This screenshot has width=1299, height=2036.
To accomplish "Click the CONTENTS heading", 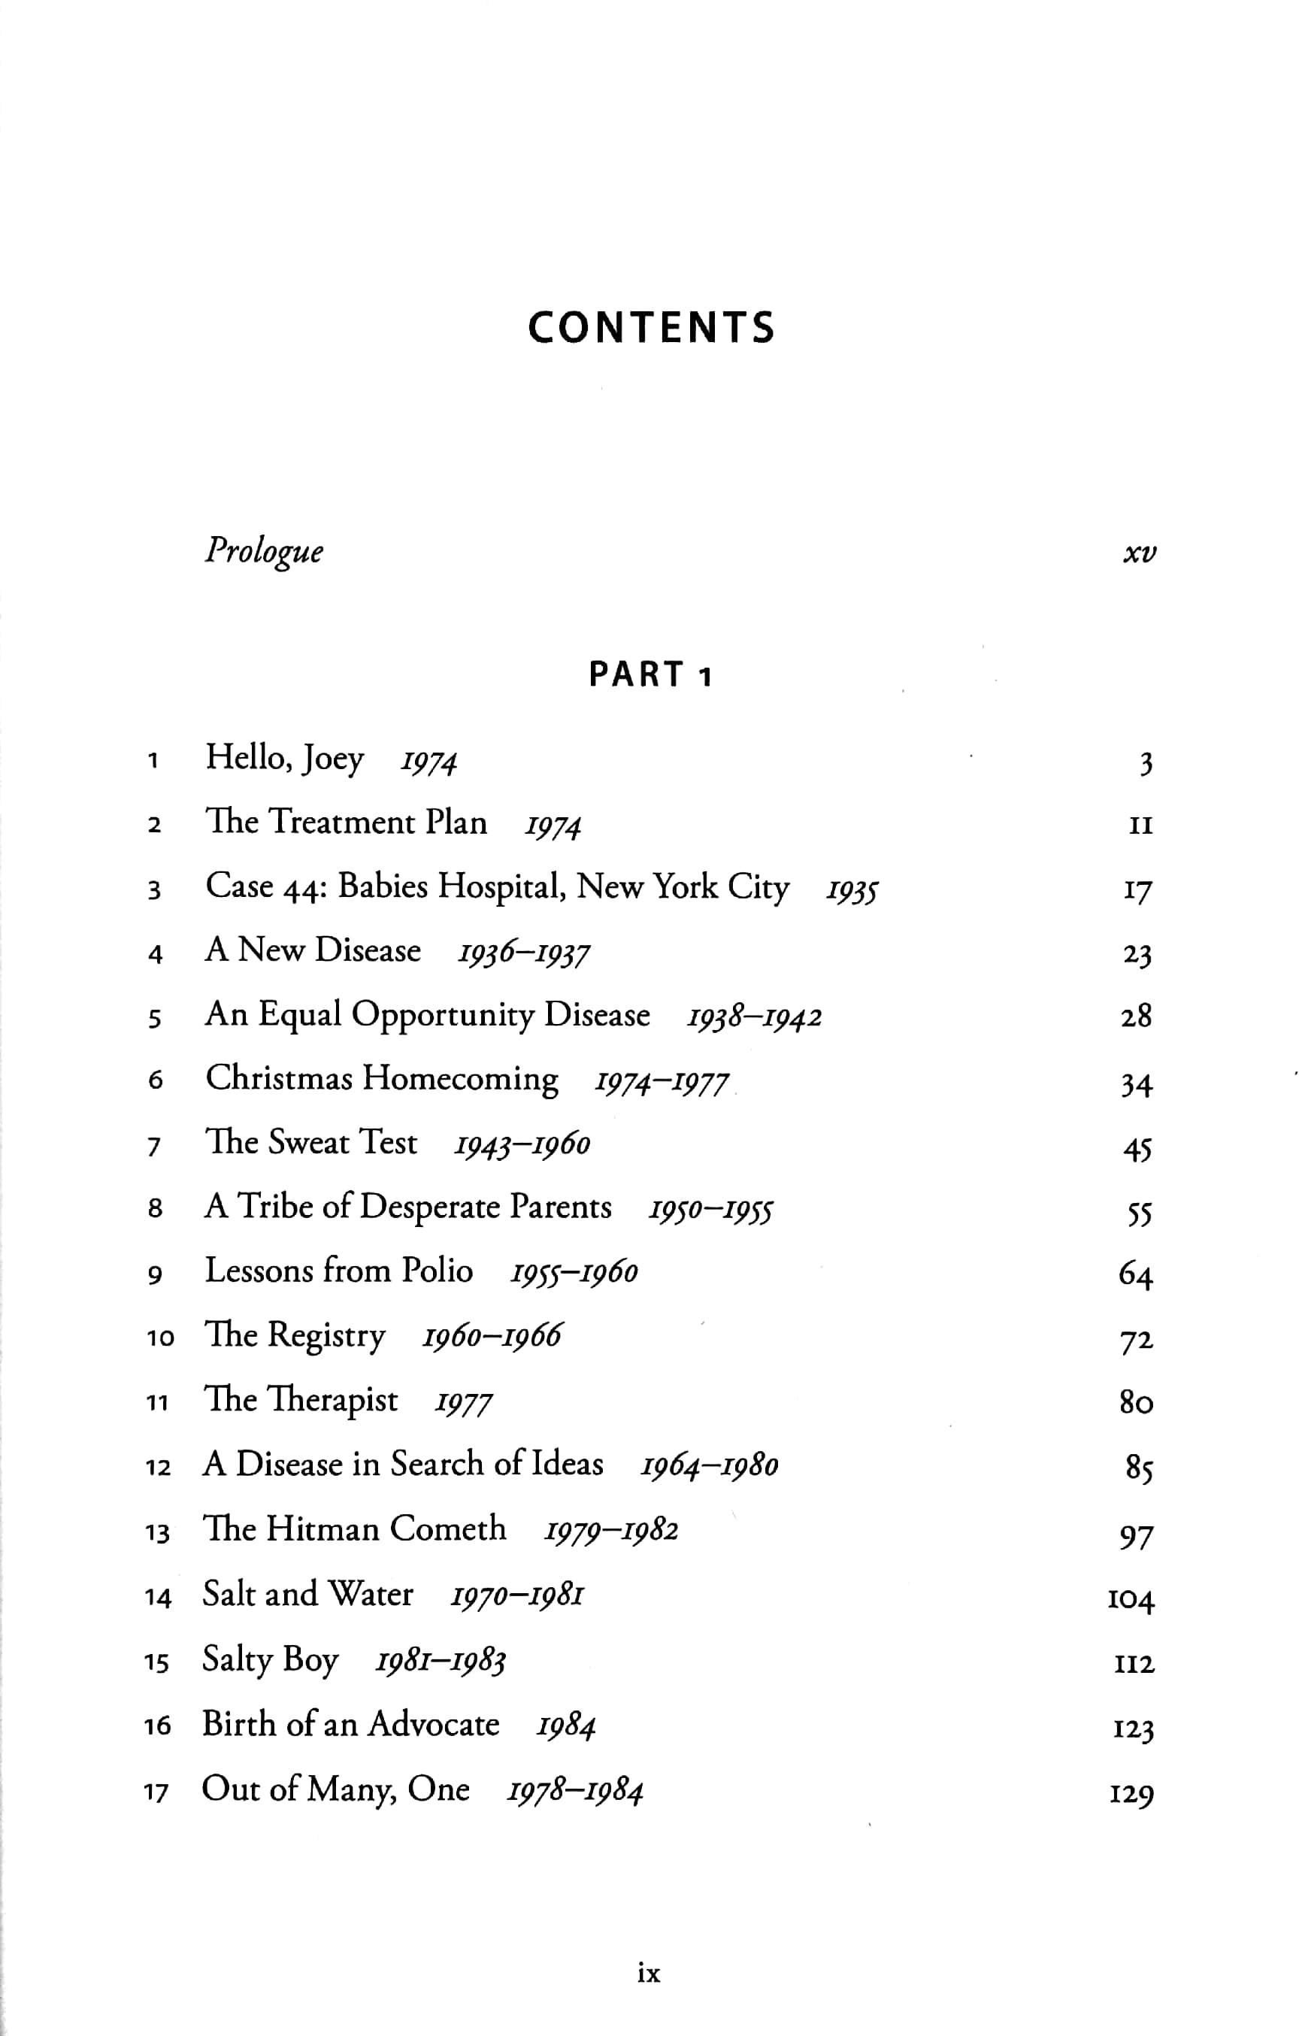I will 650,328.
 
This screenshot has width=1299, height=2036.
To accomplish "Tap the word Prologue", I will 264,552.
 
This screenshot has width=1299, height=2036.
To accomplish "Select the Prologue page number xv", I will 1140,553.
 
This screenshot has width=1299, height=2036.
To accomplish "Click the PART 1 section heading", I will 650,674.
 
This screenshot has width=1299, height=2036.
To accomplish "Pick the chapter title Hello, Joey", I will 285,759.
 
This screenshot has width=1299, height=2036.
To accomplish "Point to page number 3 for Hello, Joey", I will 1145,764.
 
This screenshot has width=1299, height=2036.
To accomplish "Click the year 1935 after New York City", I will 852,890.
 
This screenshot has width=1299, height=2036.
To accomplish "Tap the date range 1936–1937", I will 523,953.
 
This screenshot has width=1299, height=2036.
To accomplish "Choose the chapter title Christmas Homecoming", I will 382,1079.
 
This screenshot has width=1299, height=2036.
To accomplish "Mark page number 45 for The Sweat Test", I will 1137,1149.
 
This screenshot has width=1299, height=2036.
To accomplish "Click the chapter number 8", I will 155,1209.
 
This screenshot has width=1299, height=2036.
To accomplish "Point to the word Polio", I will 436,1271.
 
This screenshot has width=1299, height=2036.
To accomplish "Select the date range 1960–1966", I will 491,1336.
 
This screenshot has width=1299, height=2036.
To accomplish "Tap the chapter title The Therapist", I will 300,1400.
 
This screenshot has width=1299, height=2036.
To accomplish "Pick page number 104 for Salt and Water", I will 1131,1599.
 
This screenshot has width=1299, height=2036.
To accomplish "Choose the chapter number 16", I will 157,1726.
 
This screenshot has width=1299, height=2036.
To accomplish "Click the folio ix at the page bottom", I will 648,1974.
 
